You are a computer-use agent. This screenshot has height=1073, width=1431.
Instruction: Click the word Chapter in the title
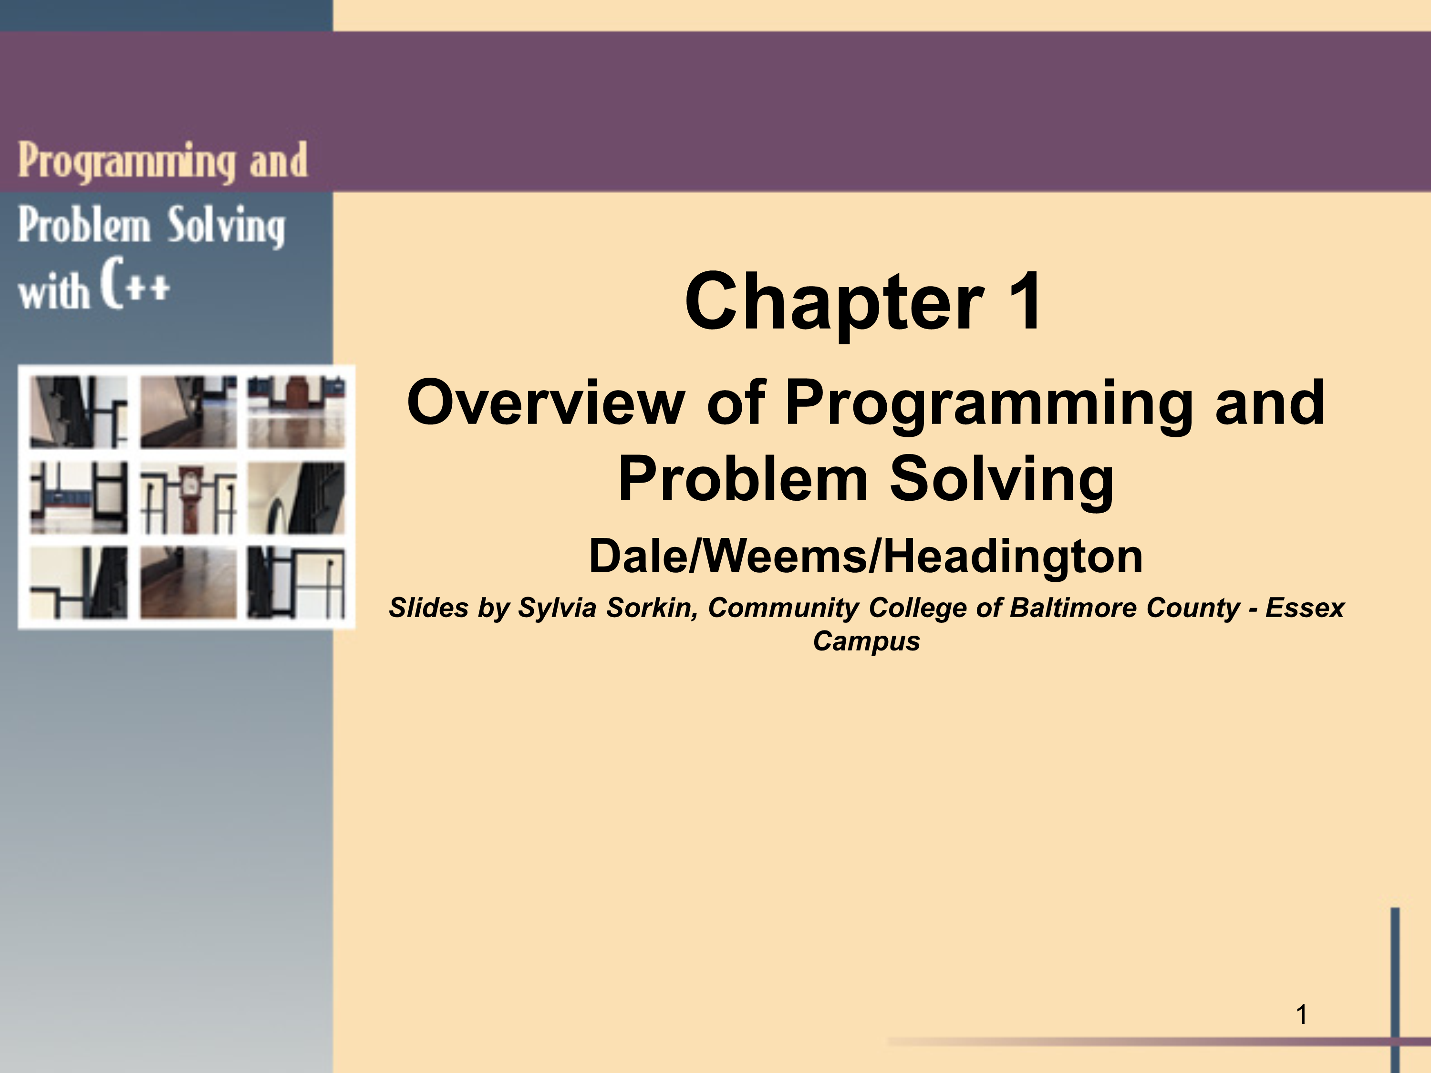tap(835, 302)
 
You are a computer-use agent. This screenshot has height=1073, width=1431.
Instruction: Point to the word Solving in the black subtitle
tap(1001, 479)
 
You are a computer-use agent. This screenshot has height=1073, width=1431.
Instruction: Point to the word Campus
tap(866, 641)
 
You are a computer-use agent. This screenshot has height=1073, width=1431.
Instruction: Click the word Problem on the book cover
tap(84, 225)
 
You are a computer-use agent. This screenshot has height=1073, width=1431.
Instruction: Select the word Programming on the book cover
tap(126, 160)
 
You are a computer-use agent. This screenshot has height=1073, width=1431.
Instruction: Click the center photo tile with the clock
tap(188, 498)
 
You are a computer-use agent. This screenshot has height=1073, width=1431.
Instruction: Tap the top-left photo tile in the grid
tap(79, 412)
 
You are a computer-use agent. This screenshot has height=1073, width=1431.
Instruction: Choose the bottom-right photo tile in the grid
tap(296, 583)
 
